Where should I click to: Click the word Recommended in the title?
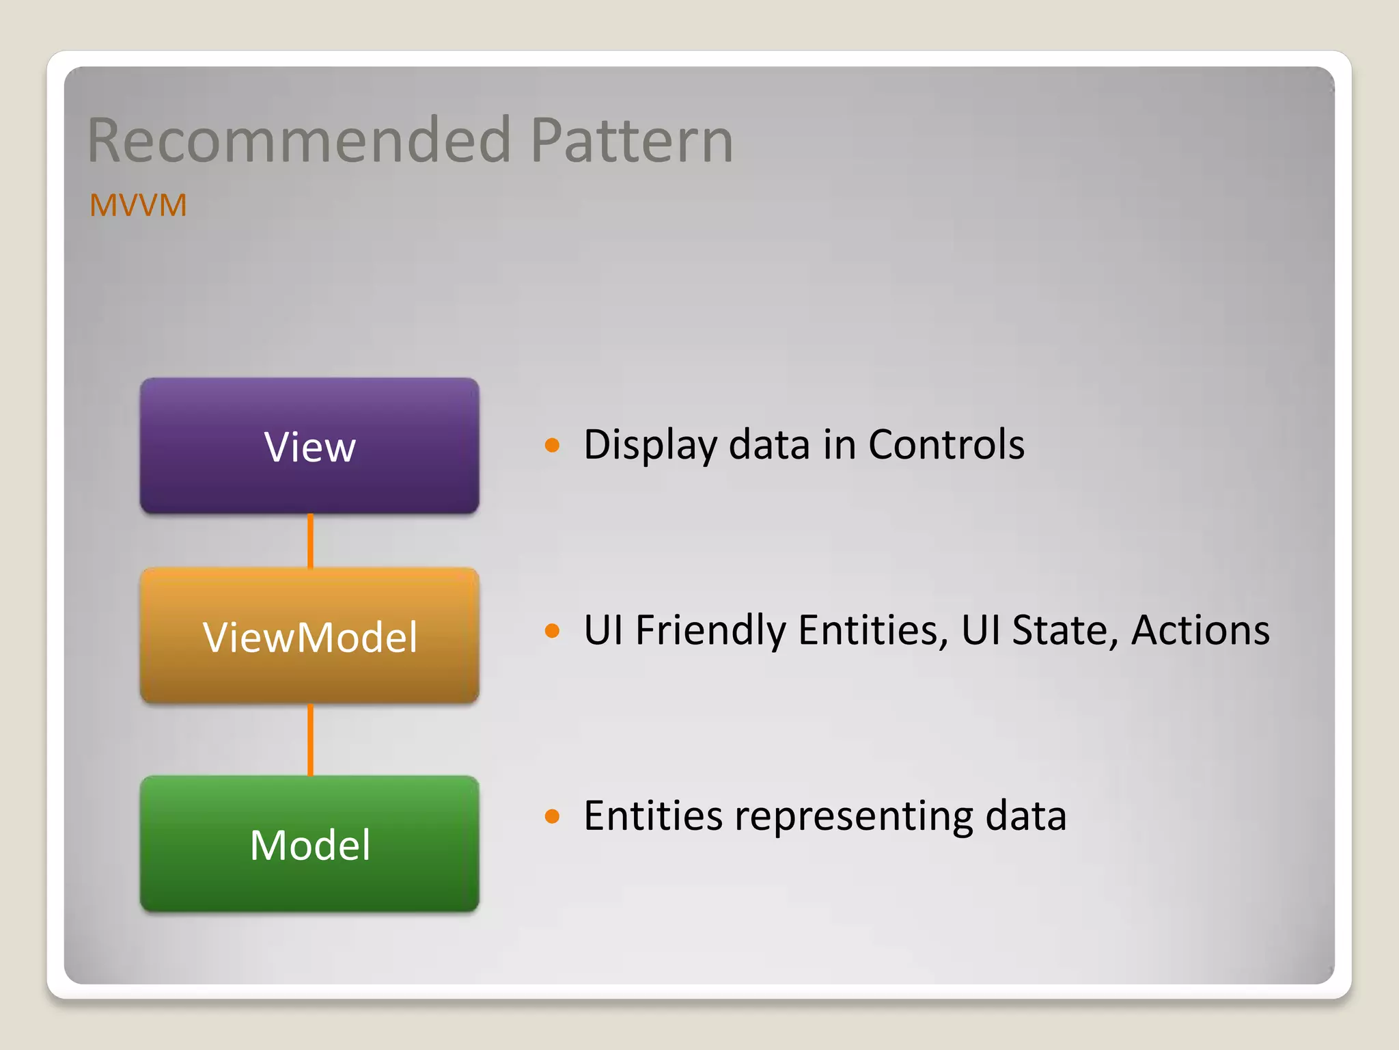pyautogui.click(x=299, y=141)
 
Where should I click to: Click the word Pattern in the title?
pyautogui.click(x=631, y=141)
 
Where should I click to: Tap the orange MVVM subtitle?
pyautogui.click(x=138, y=205)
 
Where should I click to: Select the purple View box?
pyautogui.click(x=309, y=446)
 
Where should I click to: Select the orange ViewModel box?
pyautogui.click(x=309, y=636)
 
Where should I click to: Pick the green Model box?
pyautogui.click(x=309, y=844)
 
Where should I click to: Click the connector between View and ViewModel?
pyautogui.click(x=311, y=541)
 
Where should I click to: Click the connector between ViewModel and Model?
pyautogui.click(x=311, y=740)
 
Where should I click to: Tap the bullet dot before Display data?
pyautogui.click(x=552, y=446)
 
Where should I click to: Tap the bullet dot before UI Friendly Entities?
pyautogui.click(x=552, y=631)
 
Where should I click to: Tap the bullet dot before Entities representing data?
pyautogui.click(x=552, y=816)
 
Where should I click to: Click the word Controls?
pyautogui.click(x=946, y=445)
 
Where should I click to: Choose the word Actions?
pyautogui.click(x=1200, y=630)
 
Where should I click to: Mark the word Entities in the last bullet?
pyautogui.click(x=653, y=816)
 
